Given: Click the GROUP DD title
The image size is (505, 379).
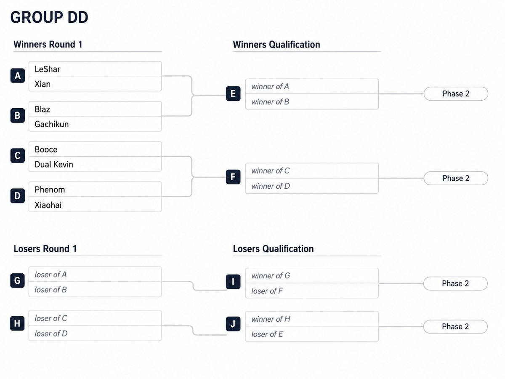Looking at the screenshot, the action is coord(49,17).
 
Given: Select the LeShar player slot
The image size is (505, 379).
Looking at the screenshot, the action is coord(95,69).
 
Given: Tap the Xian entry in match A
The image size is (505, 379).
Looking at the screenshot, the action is coord(95,84).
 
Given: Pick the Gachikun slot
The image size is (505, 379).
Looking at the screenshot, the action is coord(95,124).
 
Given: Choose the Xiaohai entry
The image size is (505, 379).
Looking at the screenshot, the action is coord(95,204).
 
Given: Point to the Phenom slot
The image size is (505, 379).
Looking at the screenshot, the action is coord(95,189).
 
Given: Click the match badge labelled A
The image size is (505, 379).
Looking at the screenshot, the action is coord(18,75).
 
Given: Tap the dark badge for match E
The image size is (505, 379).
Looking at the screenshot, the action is coord(233,93).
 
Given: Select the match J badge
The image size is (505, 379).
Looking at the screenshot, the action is coord(233,324).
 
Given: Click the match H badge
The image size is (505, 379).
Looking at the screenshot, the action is coord(17,323).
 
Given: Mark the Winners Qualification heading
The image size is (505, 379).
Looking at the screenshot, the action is coord(276,44).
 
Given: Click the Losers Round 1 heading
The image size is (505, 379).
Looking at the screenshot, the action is coord(45,248).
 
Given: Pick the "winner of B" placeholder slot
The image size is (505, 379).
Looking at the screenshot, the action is coord(312,101).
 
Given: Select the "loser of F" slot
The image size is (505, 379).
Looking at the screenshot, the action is coord(312,291).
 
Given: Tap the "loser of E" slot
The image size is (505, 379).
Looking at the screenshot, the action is coord(312,334).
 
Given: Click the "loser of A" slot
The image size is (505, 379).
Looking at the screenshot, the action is coord(95,274).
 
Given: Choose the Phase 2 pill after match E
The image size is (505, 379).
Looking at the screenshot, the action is coord(456,93).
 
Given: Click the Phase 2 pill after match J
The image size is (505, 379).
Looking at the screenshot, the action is coord(455,326).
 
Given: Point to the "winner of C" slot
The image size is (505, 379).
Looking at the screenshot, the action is coord(312,171).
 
